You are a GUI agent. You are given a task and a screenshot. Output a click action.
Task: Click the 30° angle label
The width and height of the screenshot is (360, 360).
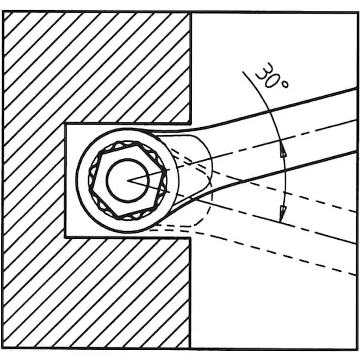[x=271, y=76]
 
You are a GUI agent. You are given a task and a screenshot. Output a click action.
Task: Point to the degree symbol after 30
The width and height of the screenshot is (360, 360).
[x=285, y=85]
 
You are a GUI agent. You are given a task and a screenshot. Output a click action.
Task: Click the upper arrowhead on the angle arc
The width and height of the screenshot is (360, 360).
[x=283, y=152]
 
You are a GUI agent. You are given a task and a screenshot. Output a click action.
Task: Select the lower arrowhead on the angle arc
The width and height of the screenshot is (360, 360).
[x=282, y=212]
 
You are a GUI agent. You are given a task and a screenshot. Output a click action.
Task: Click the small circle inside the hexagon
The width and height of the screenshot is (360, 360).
[x=128, y=181]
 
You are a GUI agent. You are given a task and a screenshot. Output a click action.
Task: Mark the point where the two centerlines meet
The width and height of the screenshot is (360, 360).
[x=128, y=181]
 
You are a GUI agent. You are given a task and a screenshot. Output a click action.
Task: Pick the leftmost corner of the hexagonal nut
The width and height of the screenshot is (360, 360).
[x=90, y=190]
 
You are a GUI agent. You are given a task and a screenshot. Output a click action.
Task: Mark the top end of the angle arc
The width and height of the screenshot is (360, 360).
[x=243, y=72]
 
